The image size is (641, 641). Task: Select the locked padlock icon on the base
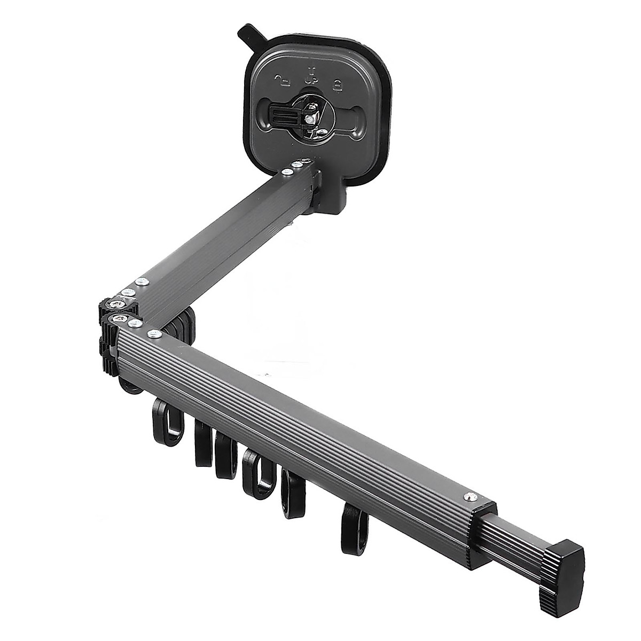click(338, 84)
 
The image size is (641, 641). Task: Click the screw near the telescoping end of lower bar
click(468, 495)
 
